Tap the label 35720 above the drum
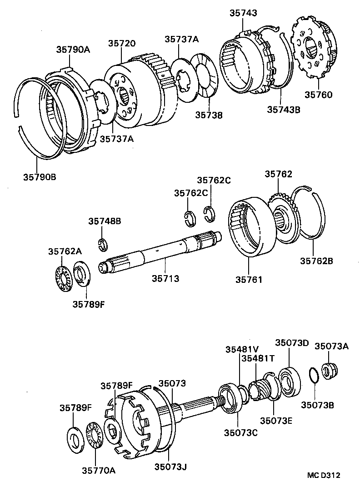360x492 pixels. (121, 44)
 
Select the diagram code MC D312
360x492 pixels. (323, 476)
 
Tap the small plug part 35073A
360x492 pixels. (328, 371)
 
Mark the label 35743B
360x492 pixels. (283, 109)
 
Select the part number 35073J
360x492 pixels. (171, 467)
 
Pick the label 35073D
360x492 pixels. (292, 342)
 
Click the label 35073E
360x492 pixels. (276, 420)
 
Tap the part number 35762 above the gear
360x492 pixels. (279, 174)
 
